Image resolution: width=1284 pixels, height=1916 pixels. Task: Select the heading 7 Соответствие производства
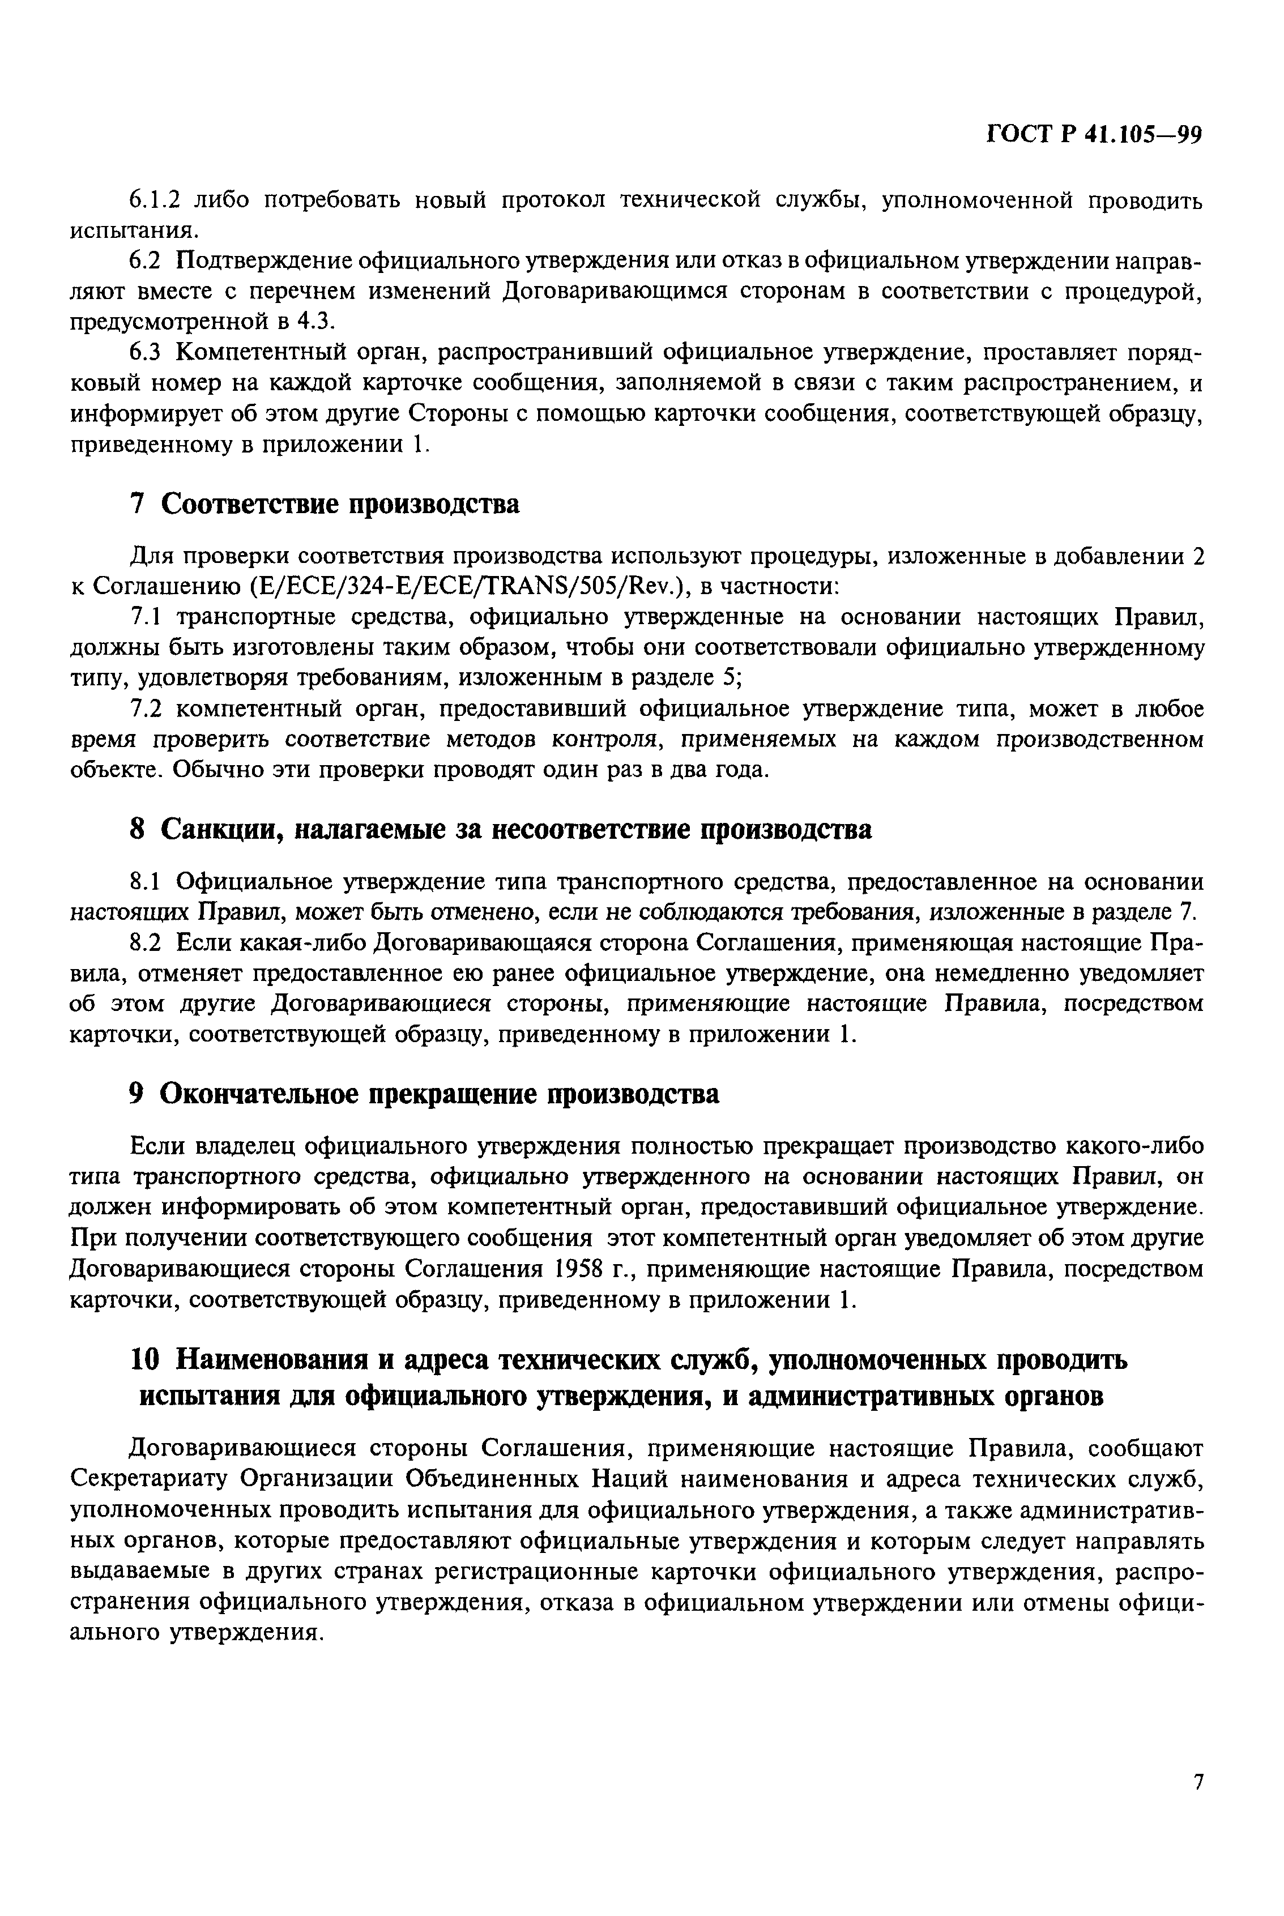[x=325, y=505]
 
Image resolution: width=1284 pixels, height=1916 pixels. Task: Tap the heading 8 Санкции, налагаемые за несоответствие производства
[x=501, y=830]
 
